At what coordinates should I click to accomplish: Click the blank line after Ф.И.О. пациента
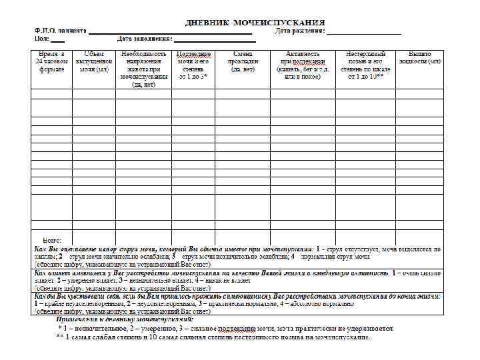tap(170, 32)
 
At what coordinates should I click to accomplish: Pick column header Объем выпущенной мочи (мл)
tap(93, 61)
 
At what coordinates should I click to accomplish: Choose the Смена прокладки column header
tap(242, 61)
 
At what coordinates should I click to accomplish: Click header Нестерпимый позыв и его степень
tap(365, 65)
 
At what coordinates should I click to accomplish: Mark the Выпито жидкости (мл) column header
tap(420, 57)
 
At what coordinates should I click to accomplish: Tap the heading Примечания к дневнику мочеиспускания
tap(129, 319)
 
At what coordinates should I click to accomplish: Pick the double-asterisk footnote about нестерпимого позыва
tap(213, 337)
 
